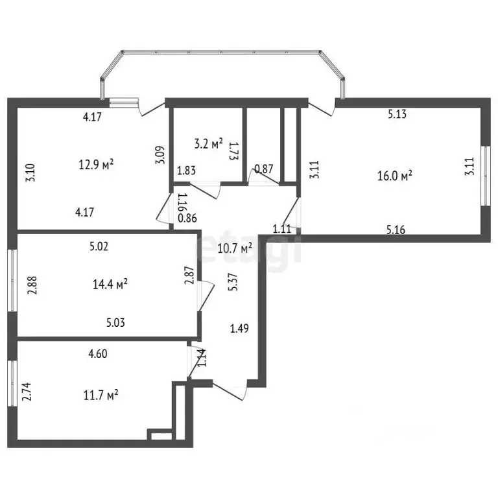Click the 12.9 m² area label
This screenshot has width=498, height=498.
pyautogui.click(x=96, y=165)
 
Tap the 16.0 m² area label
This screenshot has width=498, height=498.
pyautogui.click(x=395, y=175)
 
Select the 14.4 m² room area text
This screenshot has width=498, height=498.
pyautogui.click(x=110, y=283)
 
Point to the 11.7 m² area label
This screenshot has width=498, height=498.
pyautogui.click(x=101, y=396)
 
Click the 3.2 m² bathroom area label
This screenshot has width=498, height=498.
pyautogui.click(x=208, y=144)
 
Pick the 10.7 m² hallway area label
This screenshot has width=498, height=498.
pyautogui.click(x=235, y=248)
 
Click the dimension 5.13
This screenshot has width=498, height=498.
pyautogui.click(x=397, y=114)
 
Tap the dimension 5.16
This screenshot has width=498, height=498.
pyautogui.click(x=396, y=230)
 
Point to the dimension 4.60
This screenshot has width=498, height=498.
pyautogui.click(x=98, y=353)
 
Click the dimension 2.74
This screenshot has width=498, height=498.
pyautogui.click(x=27, y=392)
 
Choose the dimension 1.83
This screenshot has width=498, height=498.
pyautogui.click(x=187, y=171)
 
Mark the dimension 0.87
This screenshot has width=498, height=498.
pyautogui.click(x=264, y=169)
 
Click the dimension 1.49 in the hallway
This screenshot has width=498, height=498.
pyautogui.click(x=239, y=328)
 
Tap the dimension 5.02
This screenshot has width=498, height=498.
pyautogui.click(x=99, y=246)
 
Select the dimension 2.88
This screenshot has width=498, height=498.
pyautogui.click(x=32, y=285)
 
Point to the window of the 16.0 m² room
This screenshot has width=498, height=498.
pyautogui.click(x=485, y=176)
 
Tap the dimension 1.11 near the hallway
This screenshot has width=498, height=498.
pyautogui.click(x=282, y=229)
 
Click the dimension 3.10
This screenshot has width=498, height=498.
pyautogui.click(x=30, y=172)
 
